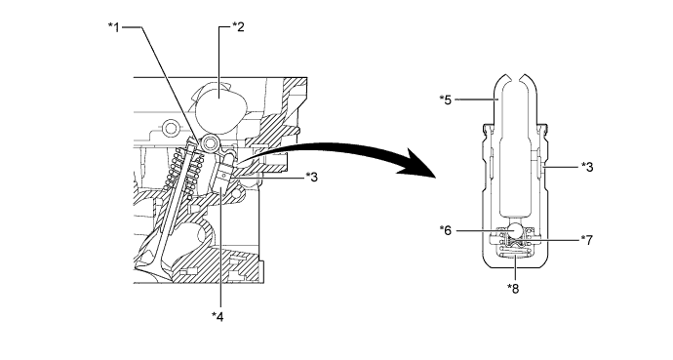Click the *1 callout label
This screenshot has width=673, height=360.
pos(114,27)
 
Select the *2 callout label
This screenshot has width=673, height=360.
pos(238,27)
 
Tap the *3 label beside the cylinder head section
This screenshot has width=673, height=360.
pos(311,177)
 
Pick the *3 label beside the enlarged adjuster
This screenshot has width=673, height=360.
pos(587,167)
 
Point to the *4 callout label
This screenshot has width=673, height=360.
pos(218,317)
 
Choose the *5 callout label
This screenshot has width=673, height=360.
pos(446,100)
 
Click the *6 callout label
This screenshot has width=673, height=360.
pos(446,230)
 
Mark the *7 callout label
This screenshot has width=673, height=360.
pos(587,240)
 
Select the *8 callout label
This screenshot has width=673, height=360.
pos(513,289)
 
